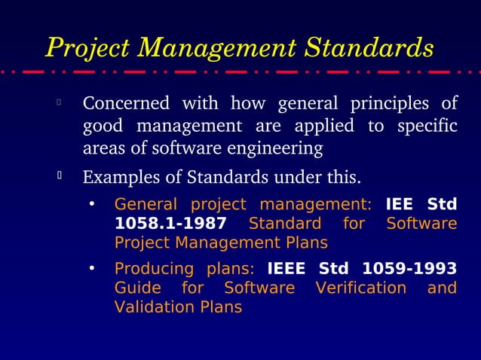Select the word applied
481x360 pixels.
click(x=324, y=125)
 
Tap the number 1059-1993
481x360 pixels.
click(x=409, y=269)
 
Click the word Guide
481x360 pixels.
click(x=136, y=288)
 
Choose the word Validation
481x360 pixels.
click(x=149, y=307)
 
